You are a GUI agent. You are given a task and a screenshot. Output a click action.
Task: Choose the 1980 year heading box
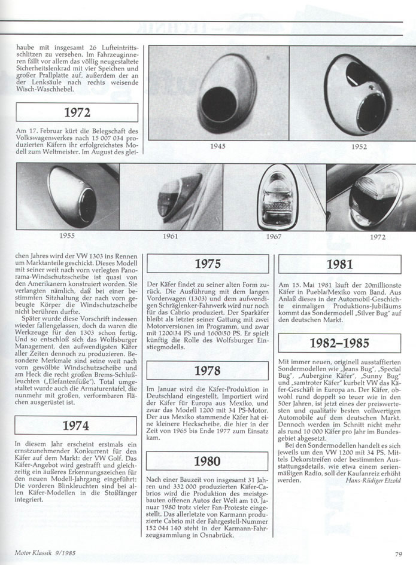[x=207, y=462]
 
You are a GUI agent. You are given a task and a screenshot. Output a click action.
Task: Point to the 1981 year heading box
[x=339, y=264]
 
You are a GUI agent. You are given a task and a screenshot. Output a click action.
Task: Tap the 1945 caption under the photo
[x=217, y=146]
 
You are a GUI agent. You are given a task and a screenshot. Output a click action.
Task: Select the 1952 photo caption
[x=359, y=146]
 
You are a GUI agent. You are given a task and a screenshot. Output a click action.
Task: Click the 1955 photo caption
[x=67, y=236]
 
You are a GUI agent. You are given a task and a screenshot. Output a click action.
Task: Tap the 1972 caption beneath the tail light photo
[x=378, y=237]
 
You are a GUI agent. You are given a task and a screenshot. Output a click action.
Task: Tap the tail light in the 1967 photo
[x=274, y=196]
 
